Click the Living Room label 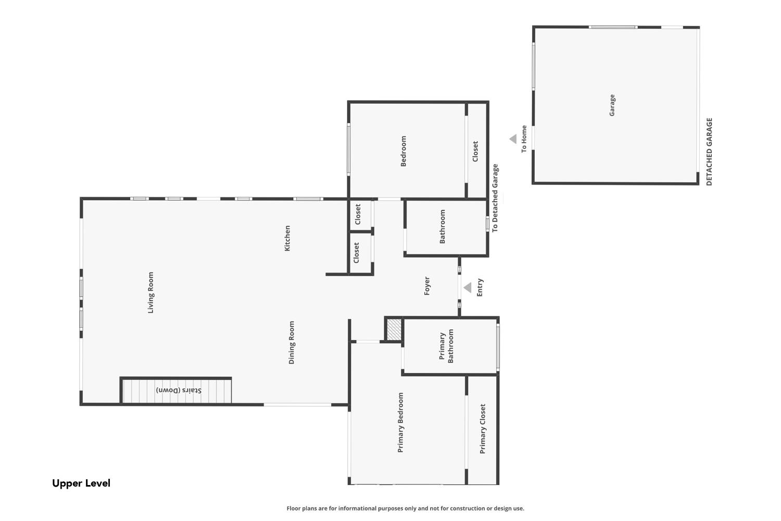pyautogui.click(x=150, y=292)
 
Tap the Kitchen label pyautogui.click(x=287, y=238)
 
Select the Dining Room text pyautogui.click(x=292, y=342)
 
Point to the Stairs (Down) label pyautogui.click(x=179, y=390)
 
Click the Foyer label pyautogui.click(x=427, y=286)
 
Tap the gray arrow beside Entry pyautogui.click(x=468, y=288)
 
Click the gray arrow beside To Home pyautogui.click(x=513, y=139)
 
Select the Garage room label pyautogui.click(x=612, y=105)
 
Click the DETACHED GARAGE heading pyautogui.click(x=709, y=152)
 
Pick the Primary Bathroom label pyautogui.click(x=446, y=346)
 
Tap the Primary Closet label pyautogui.click(x=483, y=429)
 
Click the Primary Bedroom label pyautogui.click(x=400, y=422)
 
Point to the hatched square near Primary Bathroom pyautogui.click(x=394, y=329)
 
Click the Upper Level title pyautogui.click(x=81, y=483)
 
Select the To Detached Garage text pyautogui.click(x=495, y=198)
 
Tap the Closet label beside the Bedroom pyautogui.click(x=475, y=151)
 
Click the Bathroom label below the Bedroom pyautogui.click(x=443, y=226)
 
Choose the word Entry pyautogui.click(x=480, y=287)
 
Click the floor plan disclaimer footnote pyautogui.click(x=405, y=508)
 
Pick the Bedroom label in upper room pyautogui.click(x=404, y=151)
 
